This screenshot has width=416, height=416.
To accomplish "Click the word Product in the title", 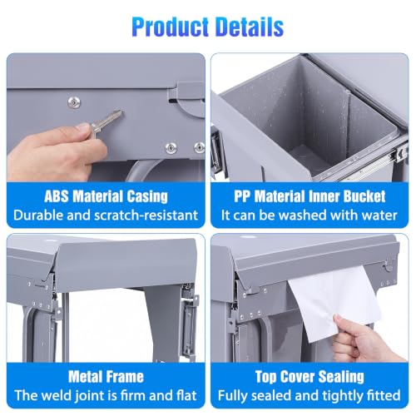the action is point(171,27).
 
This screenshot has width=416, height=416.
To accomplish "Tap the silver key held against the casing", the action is point(106,123).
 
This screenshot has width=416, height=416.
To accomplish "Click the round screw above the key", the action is point(74,102).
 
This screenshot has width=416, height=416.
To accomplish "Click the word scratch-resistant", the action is point(146,215).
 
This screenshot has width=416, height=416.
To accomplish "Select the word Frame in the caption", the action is point(126,377).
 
